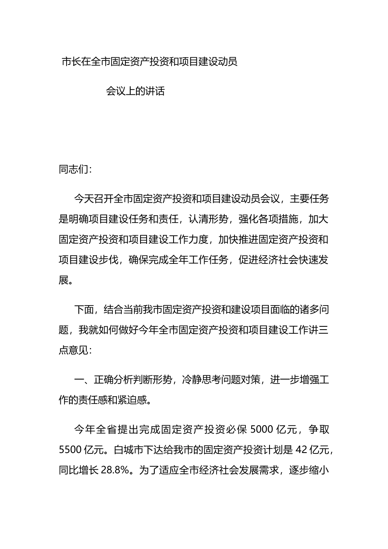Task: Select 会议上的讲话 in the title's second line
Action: [135, 91]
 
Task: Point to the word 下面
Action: [83, 310]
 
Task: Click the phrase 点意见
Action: [74, 350]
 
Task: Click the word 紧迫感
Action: [131, 400]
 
